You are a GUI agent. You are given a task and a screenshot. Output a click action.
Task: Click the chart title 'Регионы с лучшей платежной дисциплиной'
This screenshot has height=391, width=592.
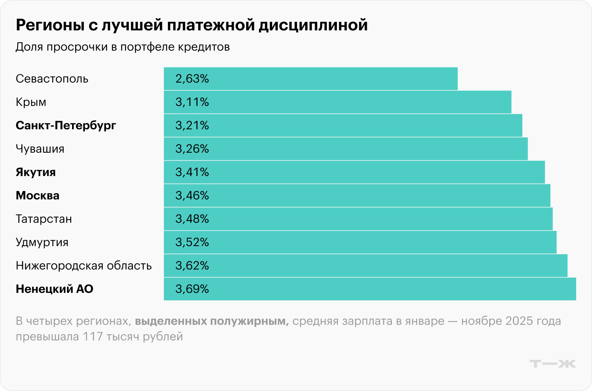[x=192, y=25]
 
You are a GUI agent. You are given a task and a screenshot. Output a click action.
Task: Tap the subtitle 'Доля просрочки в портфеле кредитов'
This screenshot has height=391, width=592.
[x=123, y=47]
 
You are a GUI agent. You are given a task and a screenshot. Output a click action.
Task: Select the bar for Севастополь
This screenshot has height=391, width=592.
[x=310, y=79]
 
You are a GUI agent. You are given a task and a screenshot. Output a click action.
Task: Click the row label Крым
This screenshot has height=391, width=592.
[x=31, y=102]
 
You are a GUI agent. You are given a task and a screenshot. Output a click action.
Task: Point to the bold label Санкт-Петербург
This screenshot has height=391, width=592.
[x=66, y=125]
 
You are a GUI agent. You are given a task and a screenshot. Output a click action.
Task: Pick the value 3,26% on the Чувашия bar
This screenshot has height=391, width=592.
[x=192, y=149]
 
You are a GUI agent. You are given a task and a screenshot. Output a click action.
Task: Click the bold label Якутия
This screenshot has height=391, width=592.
[x=36, y=172]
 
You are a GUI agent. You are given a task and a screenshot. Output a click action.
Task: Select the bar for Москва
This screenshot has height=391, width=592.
[x=357, y=195]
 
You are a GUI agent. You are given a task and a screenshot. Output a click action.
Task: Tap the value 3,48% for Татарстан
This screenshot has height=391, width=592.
[x=192, y=219]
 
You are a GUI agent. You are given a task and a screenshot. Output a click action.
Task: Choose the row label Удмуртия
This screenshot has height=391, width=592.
[x=42, y=242]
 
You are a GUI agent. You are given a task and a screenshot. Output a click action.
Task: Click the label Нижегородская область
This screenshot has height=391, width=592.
[x=84, y=266]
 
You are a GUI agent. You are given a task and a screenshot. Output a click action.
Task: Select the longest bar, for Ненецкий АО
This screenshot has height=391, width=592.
[x=370, y=289]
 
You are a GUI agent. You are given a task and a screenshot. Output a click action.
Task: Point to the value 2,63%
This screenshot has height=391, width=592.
[x=192, y=79]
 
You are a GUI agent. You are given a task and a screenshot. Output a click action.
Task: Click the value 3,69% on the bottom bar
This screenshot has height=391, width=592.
[x=192, y=289]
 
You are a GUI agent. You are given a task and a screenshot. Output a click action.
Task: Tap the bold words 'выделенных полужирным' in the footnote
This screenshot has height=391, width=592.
[x=211, y=321]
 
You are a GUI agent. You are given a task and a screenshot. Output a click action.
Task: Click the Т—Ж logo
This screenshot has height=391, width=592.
[x=553, y=364]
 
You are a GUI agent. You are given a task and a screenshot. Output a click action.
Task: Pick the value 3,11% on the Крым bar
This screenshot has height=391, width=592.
[x=192, y=102]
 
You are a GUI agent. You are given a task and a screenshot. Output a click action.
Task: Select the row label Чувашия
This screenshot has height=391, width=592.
[x=40, y=149]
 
